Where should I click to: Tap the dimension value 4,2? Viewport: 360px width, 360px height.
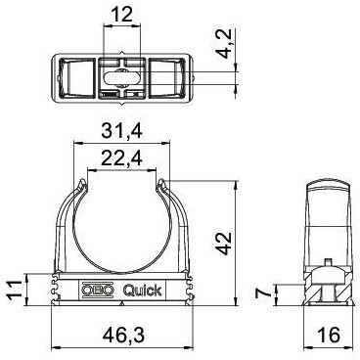[x=225, y=44]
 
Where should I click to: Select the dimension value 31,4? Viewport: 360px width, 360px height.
[x=121, y=132]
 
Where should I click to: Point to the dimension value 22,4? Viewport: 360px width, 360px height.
[x=121, y=158]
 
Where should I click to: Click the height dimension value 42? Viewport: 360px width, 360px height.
[x=225, y=244]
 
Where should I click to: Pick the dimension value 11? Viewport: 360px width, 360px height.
[x=16, y=288]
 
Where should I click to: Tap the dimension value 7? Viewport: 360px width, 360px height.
[x=263, y=293]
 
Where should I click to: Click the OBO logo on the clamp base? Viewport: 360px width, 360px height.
[x=98, y=290]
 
